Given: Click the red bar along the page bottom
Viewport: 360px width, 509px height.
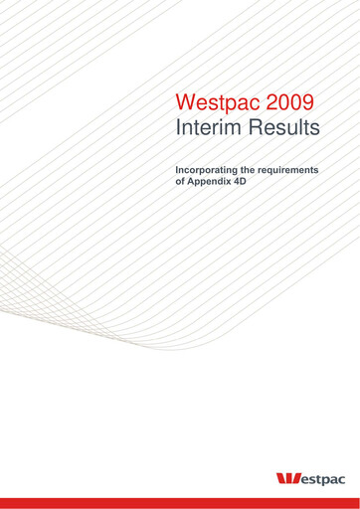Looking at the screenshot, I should click(180, 503).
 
